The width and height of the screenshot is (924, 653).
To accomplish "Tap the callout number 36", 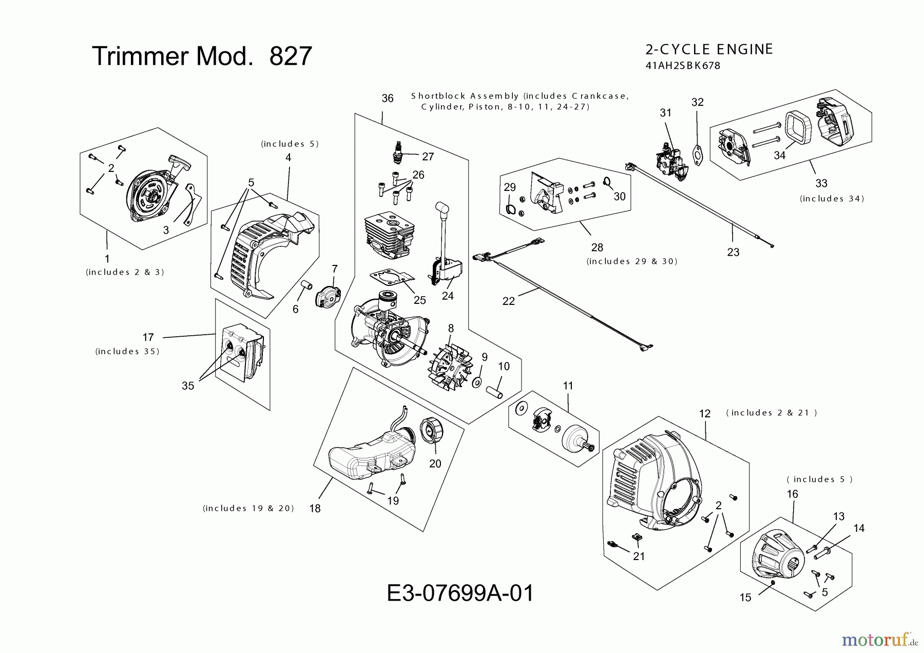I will [388, 98].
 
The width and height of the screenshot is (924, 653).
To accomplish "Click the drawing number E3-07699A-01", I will [460, 593].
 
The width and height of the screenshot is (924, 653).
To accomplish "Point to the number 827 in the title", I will [291, 56].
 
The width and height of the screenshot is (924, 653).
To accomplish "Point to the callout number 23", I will [733, 252].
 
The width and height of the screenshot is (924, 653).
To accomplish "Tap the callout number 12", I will [705, 414].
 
